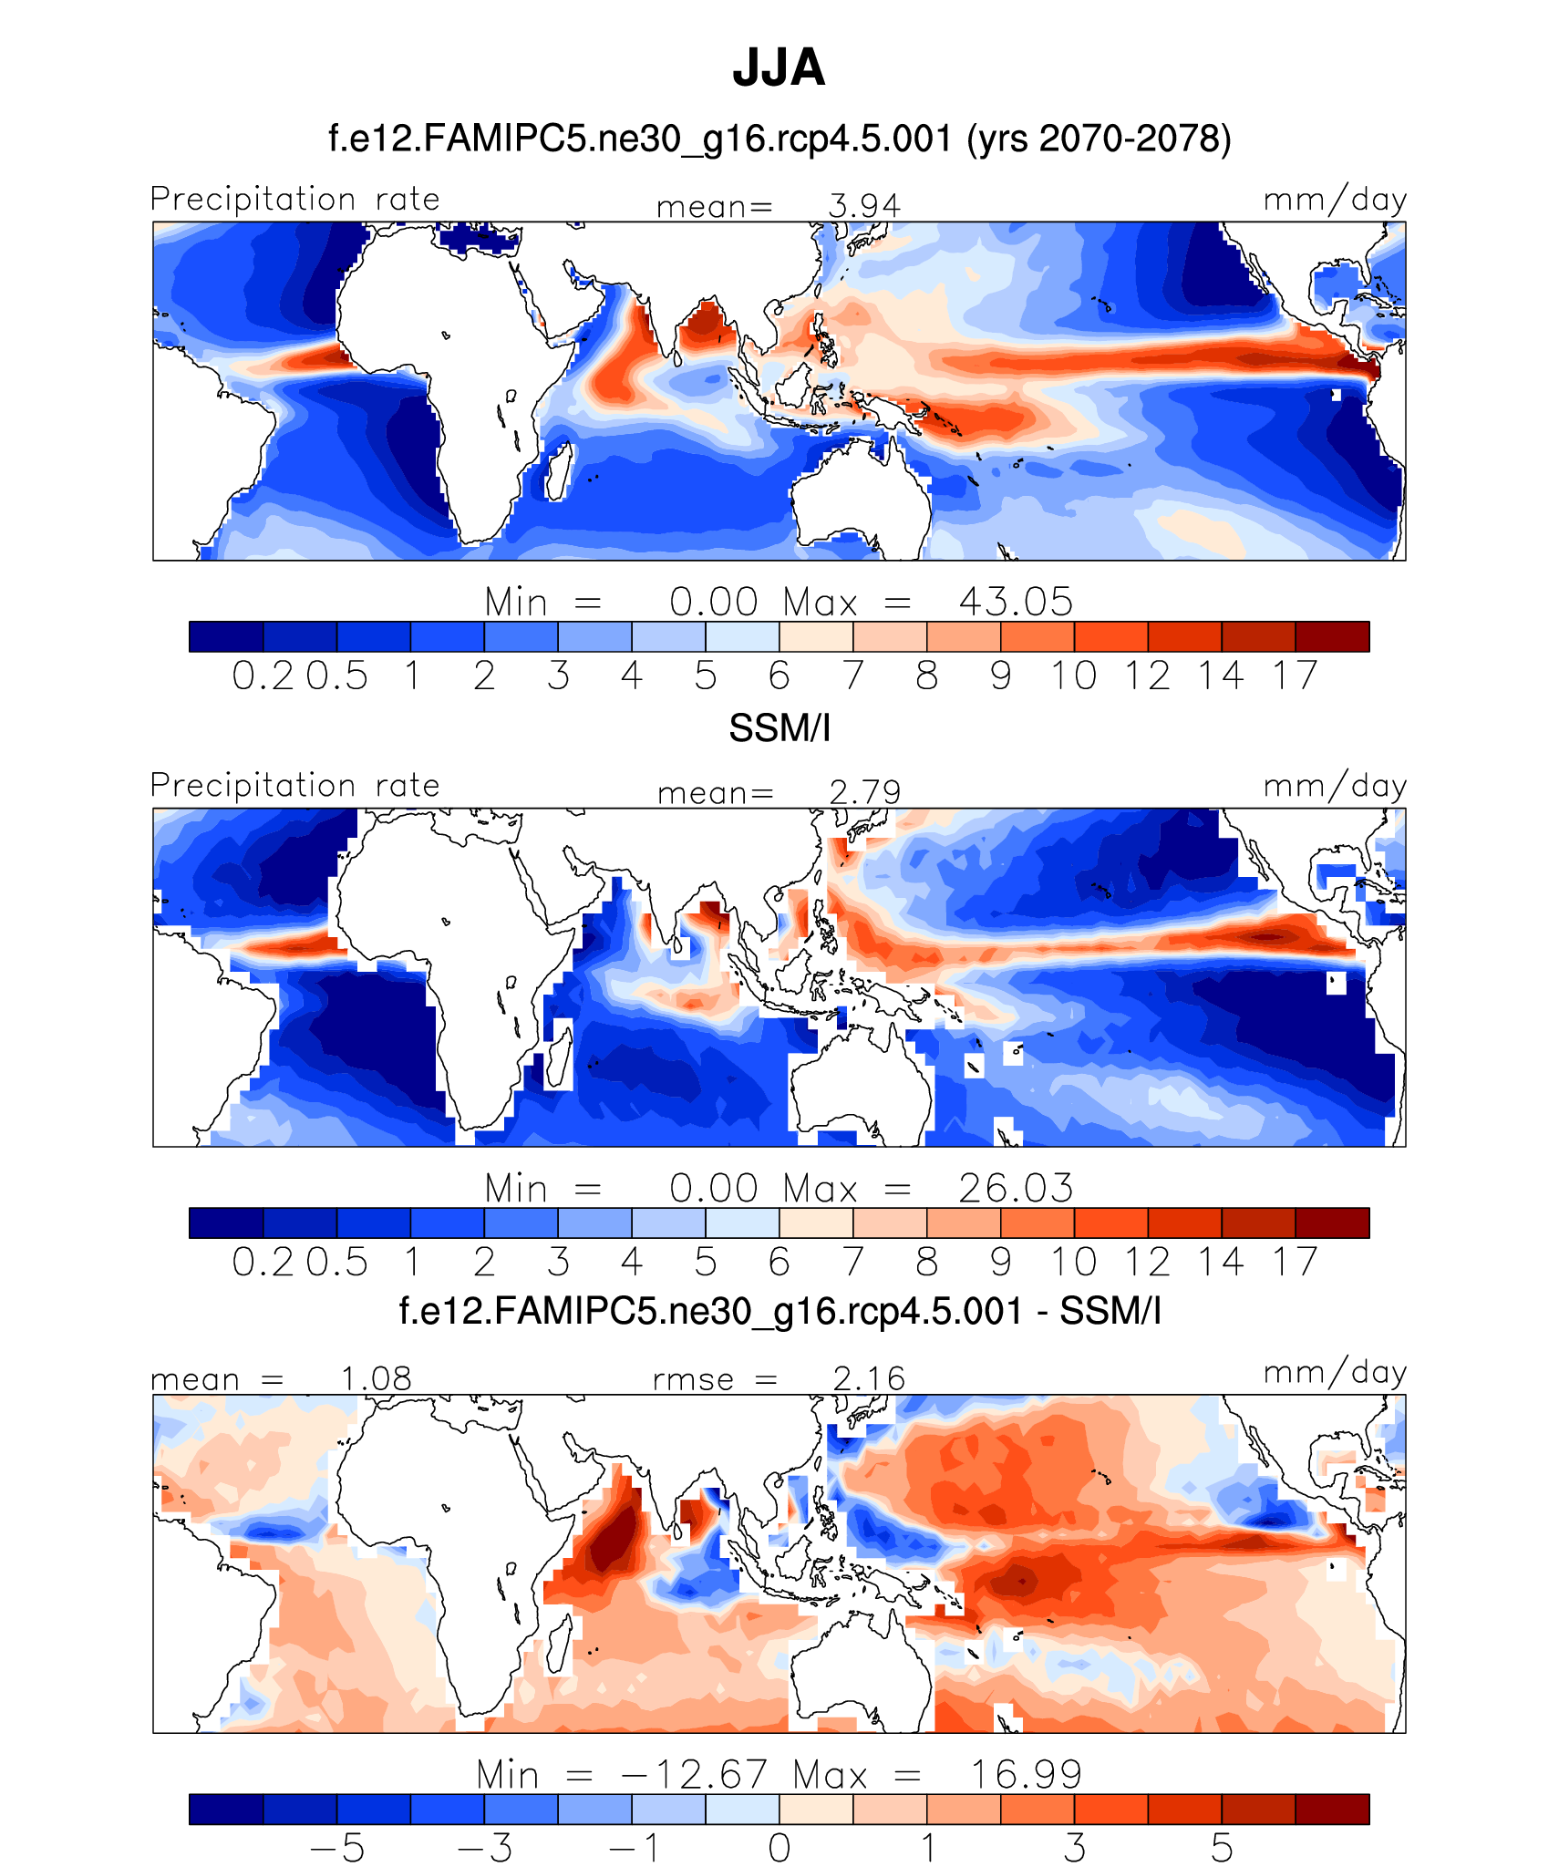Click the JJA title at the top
pos(779,68)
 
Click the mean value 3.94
pos(863,206)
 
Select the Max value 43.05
pos(1016,602)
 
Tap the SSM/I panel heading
pos(779,728)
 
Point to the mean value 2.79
pos(864,792)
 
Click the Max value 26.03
pos(1016,1188)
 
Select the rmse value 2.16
pos(869,1378)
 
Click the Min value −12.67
pos(694,1774)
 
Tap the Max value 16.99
pos(1026,1774)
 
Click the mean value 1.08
pos(376,1378)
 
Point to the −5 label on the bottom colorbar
pos(337,1848)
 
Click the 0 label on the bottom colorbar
pos(779,1848)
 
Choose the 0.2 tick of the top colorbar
pos(263,676)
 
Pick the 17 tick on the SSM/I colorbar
pos(1296,1262)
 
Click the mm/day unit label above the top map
pos(1335,200)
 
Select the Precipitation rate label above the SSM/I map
pos(295,785)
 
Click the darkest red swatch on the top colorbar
pos(1332,636)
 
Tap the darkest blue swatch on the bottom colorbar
pos(226,1809)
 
